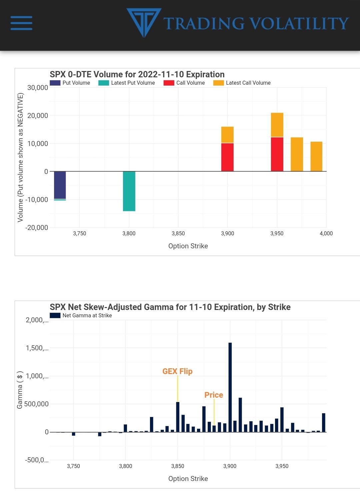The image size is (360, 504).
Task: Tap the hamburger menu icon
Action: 21,23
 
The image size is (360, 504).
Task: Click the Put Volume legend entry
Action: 70,83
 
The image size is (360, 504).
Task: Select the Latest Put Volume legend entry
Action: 127,83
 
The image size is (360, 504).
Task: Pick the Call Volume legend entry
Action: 184,83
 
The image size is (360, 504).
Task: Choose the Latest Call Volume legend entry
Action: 242,83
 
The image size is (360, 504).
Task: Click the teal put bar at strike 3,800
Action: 129,191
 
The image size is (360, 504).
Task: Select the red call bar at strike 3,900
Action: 227,157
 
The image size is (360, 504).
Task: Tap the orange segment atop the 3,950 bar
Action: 277,125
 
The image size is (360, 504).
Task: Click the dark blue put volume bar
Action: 60,185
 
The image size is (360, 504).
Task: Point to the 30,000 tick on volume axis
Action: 38,88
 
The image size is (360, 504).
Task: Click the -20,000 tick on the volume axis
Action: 37,228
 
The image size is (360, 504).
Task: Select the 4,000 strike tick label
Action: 326,234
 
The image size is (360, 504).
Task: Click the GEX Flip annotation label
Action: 177,371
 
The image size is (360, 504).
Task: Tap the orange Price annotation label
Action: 214,395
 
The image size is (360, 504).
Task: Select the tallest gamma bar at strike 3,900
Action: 230,387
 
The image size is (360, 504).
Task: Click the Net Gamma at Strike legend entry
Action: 81,316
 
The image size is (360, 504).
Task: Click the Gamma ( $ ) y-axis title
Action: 20,390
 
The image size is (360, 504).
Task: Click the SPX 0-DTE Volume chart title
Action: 137,74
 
